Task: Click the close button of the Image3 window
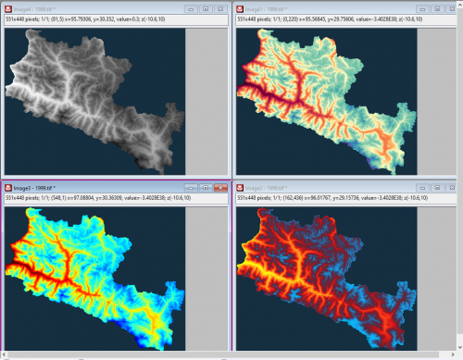tap(220, 187)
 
